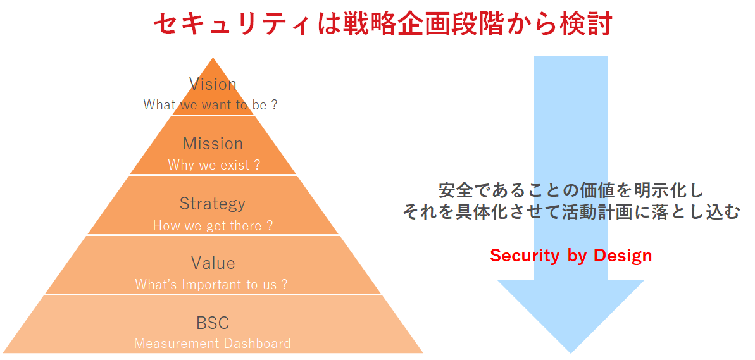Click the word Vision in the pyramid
tap(213, 84)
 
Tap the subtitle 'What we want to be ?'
tap(210, 105)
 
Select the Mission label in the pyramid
tap(213, 144)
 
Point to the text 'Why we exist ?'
tap(214, 165)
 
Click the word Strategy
tap(213, 204)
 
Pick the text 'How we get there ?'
tap(213, 225)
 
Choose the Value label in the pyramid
tap(213, 263)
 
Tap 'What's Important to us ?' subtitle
tap(211, 285)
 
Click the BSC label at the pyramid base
tap(213, 323)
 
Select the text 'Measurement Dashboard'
tap(213, 344)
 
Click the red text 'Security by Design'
tap(571, 256)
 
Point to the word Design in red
tap(623, 256)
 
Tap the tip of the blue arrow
tap(571, 351)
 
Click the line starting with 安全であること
tap(571, 190)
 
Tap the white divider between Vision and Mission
tap(213, 115)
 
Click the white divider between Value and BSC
tap(213, 295)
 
